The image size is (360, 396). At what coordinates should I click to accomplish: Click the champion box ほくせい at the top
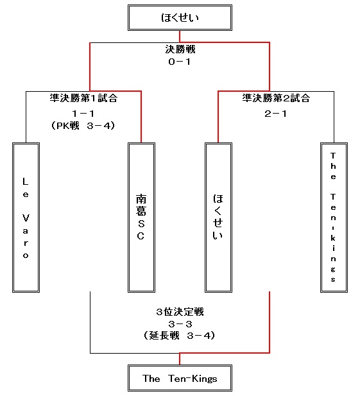tap(180, 18)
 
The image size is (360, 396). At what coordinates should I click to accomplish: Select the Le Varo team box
tap(26, 218)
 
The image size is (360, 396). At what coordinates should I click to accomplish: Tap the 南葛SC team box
tap(141, 218)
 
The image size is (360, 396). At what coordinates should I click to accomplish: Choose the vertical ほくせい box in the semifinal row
tap(218, 218)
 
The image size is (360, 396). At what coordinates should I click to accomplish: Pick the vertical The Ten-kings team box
tap(334, 218)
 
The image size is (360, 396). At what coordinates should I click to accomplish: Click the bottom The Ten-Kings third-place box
tap(180, 378)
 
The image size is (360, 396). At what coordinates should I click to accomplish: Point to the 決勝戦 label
tap(180, 49)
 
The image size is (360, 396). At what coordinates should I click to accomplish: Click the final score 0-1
tap(180, 62)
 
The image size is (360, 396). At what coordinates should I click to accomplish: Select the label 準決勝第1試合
tap(83, 98)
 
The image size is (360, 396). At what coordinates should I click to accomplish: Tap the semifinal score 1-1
tap(83, 114)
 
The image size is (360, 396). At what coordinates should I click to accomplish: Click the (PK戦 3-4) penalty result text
tap(83, 126)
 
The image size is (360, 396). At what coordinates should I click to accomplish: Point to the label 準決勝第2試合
tap(276, 98)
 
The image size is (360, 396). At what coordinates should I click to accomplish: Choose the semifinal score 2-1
tap(276, 114)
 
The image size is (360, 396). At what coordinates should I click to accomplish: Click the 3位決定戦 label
tap(180, 312)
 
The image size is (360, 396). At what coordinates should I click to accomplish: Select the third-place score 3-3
tap(180, 324)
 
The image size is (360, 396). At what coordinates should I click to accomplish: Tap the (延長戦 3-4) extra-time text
tap(180, 336)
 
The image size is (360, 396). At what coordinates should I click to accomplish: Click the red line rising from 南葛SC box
tap(141, 117)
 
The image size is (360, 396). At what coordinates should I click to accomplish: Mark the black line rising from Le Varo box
tap(26, 117)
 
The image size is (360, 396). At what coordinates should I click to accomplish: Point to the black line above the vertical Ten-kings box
tap(334, 117)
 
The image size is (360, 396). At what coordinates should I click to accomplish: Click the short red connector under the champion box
tap(180, 37)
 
